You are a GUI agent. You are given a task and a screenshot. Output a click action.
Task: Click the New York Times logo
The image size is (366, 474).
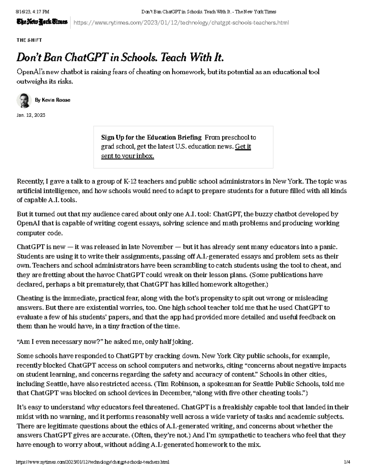[x=42, y=22]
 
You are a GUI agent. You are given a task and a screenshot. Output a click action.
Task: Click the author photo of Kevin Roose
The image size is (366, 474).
[x=24, y=100]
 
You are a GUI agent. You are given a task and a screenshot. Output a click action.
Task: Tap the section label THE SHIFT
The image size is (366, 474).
[x=29, y=40]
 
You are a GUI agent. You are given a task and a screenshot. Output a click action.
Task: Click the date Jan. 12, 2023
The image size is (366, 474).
[x=31, y=115]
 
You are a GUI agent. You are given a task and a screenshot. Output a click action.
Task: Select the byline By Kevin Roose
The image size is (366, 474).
[x=52, y=100]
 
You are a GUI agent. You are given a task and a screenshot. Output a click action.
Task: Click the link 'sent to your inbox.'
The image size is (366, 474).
[x=127, y=156]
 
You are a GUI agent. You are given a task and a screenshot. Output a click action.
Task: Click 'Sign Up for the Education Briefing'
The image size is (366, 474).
[x=151, y=137]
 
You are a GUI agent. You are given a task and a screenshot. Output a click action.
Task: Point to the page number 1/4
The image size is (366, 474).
[x=347, y=462]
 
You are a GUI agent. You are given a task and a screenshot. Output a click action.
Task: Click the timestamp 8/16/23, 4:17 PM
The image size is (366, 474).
[x=33, y=12]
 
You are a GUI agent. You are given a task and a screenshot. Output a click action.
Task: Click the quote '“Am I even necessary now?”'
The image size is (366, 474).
[x=60, y=342]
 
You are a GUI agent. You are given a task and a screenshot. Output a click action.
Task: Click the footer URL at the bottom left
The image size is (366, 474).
[x=93, y=462]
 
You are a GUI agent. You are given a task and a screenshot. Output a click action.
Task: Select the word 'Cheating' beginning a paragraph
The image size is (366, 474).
[x=29, y=298]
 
